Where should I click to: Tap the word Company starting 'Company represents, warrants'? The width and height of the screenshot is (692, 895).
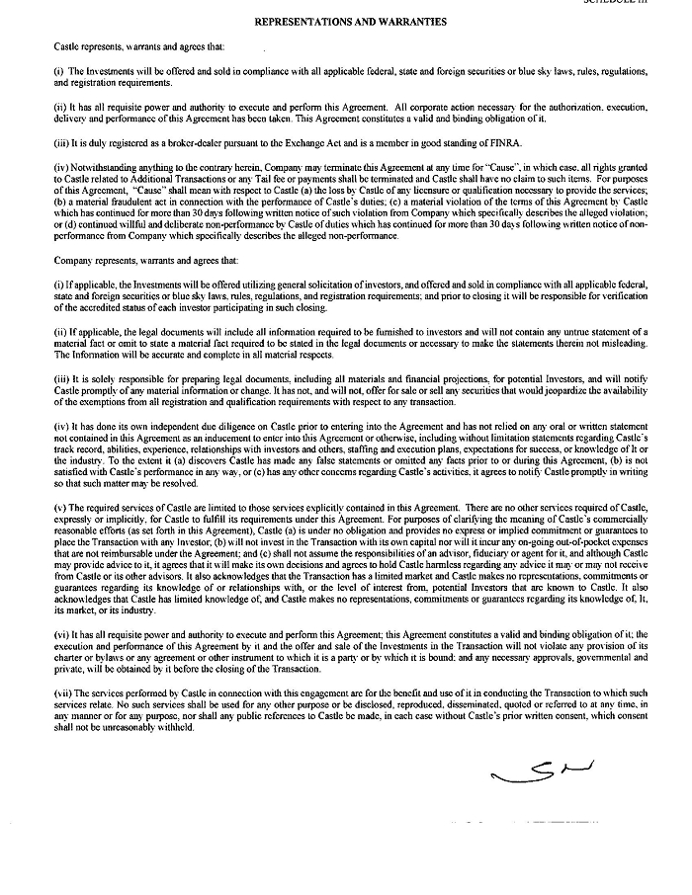(74, 261)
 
